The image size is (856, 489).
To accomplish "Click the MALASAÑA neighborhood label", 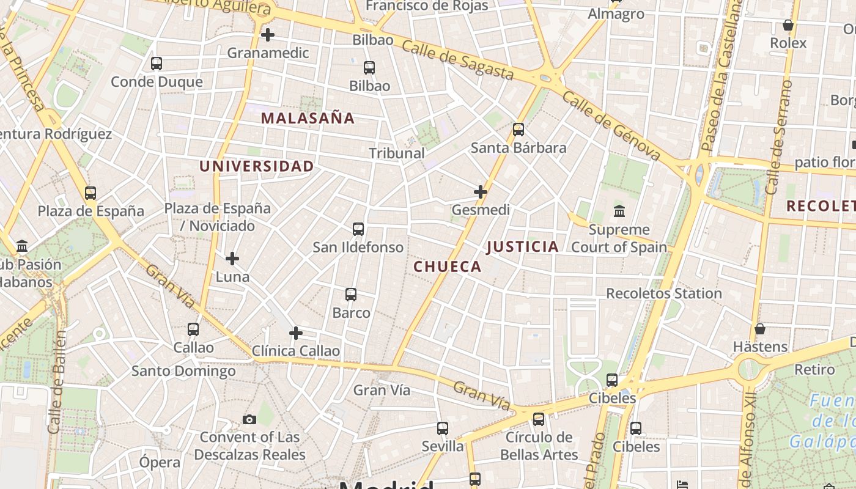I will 308,118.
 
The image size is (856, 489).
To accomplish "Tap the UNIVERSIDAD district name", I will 256,166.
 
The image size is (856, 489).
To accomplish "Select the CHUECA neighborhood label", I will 448,267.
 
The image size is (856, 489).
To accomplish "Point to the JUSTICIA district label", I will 523,246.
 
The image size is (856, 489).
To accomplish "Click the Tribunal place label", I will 397,153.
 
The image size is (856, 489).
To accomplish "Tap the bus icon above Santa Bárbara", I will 518,129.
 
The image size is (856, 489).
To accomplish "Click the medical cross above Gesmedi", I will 481,192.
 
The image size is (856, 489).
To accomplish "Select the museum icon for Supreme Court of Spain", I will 619,211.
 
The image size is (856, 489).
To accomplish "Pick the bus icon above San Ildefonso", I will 358,229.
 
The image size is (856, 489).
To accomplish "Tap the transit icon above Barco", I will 351,295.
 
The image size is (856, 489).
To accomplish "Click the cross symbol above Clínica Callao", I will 296,333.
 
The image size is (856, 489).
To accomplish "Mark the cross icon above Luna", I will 232,259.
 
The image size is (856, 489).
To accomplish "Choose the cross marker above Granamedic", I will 267,35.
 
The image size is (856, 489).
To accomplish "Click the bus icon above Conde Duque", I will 157,63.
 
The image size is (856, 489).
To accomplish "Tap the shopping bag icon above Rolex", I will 788,25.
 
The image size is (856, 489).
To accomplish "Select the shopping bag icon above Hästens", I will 760,329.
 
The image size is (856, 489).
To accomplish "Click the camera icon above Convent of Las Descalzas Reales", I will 249,419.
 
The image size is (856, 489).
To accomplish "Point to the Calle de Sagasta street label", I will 458,61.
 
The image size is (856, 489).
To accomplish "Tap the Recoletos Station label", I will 663,293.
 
